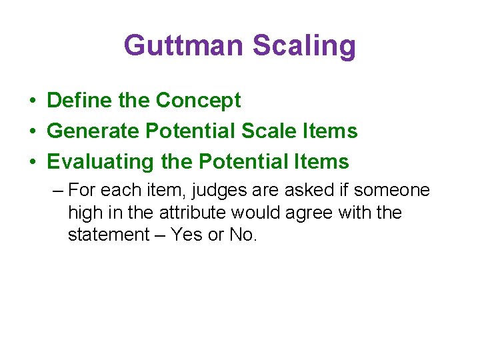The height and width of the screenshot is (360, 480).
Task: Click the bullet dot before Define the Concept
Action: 32,101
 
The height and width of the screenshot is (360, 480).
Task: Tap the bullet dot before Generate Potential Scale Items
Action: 32,132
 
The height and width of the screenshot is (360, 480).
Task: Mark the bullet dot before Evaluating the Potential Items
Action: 32,163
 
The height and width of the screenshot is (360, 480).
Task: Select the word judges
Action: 217,191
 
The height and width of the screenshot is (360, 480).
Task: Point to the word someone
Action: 392,191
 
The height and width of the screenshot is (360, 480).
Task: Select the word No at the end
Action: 241,235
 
